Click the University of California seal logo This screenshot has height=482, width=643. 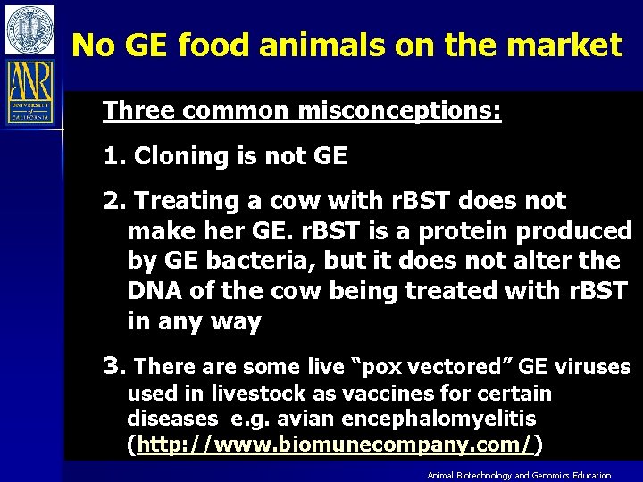(29, 29)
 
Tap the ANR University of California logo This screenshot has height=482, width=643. (29, 91)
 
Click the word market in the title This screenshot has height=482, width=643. (573, 44)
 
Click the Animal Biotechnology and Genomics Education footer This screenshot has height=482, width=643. (519, 476)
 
